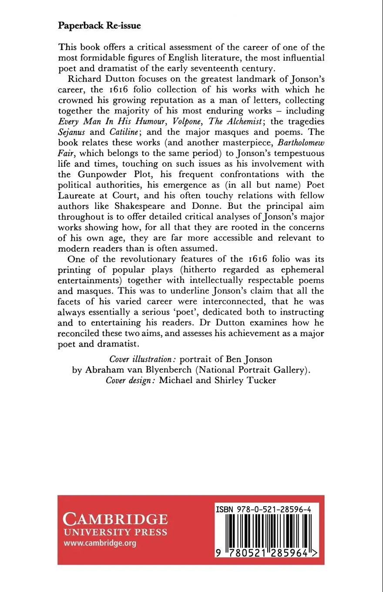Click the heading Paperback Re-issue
[x=99, y=26]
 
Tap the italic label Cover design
[x=131, y=380]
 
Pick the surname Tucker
[x=260, y=380]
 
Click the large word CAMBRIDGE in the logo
[x=115, y=519]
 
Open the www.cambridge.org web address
[x=100, y=543]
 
